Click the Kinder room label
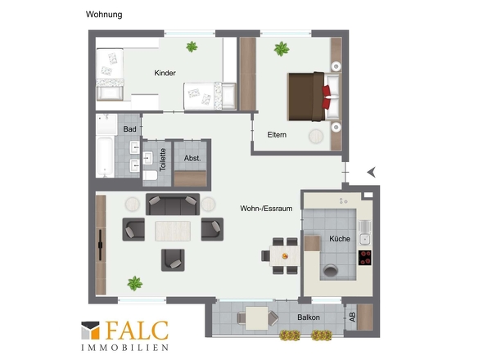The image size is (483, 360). point(165,73)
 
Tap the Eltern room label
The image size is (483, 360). point(277,134)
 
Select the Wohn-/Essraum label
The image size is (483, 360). point(266,209)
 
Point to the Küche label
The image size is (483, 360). point(340,239)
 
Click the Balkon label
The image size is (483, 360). point(309,317)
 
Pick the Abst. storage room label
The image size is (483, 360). point(192,158)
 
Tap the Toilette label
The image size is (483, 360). point(163,160)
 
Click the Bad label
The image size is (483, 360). point(129,129)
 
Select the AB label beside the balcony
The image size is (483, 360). point(352,317)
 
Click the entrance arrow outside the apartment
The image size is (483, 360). point(372,173)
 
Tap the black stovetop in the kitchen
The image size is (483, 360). point(365,258)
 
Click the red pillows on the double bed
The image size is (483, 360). point(326,97)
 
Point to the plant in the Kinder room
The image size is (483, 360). point(192,47)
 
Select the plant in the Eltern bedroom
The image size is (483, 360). point(282,48)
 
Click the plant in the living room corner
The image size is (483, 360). point(135,283)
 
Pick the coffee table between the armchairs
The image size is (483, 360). point(173,231)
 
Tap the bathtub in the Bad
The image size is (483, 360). point(105,157)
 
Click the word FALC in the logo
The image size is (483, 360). point(137,330)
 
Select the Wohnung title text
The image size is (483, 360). point(104,15)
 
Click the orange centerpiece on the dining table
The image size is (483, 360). point(285,255)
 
